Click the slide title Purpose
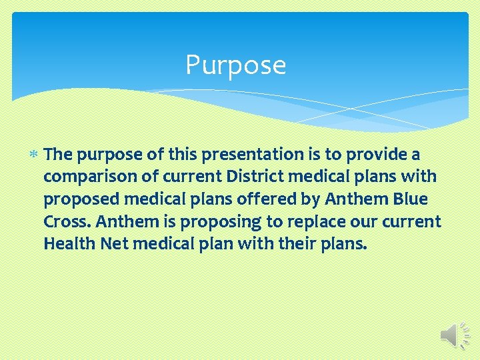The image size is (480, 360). [235, 65]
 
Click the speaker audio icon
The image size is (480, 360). [455, 333]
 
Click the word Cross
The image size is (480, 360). [63, 221]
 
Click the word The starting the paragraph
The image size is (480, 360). [58, 155]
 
